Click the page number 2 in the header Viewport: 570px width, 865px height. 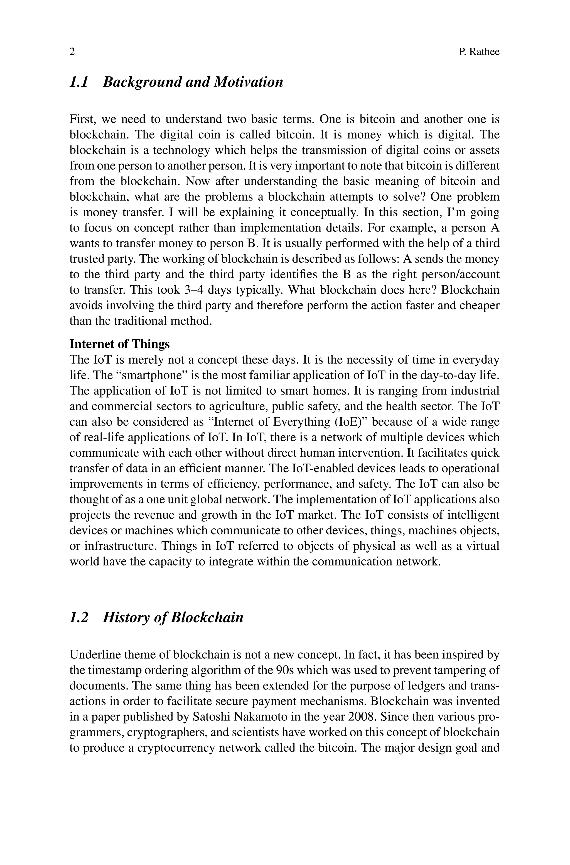72,52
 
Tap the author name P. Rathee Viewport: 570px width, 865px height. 479,52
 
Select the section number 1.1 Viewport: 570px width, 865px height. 79,82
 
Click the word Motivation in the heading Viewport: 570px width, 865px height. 248,82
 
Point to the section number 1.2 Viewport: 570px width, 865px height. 79,618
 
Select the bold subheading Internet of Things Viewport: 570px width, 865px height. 120,344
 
